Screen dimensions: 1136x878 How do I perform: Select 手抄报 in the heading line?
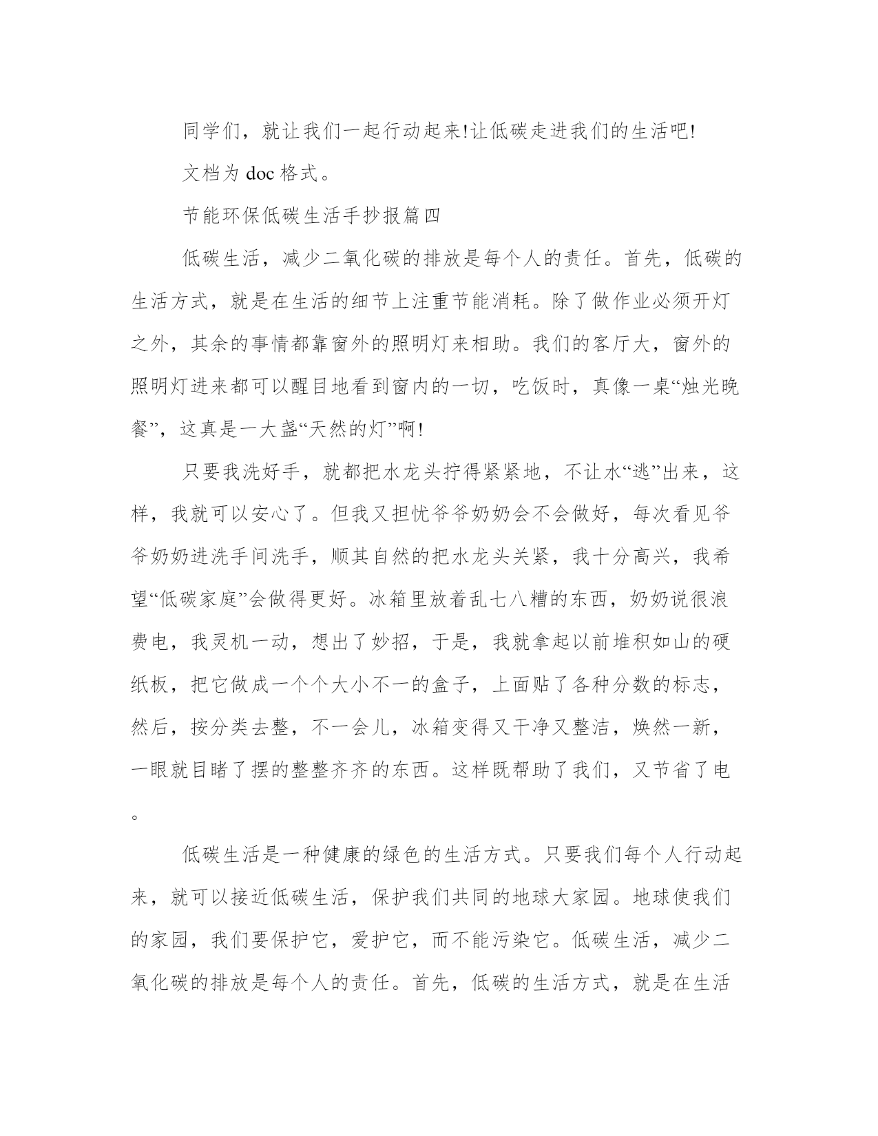point(372,216)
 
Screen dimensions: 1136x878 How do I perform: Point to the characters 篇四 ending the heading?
point(421,216)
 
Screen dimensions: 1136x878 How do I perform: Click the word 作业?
point(623,302)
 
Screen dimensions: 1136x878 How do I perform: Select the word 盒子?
point(451,686)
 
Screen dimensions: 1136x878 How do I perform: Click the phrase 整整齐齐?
point(332,771)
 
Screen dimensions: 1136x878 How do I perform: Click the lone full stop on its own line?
point(136,817)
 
